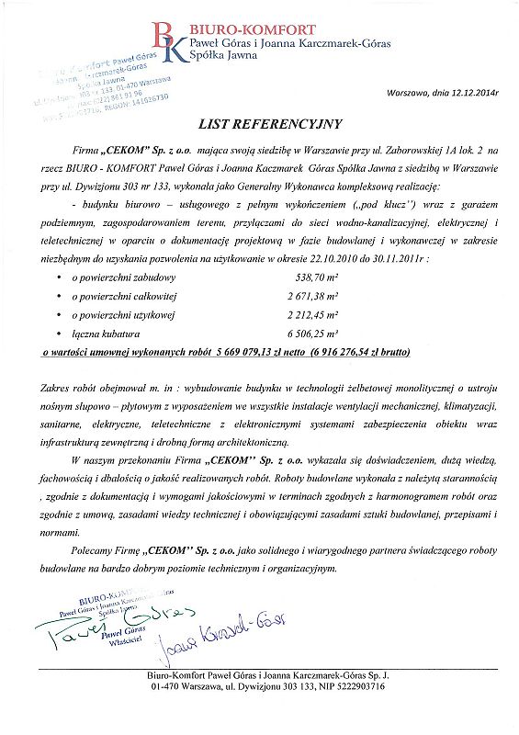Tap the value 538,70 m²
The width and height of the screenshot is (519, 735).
tap(311, 277)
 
